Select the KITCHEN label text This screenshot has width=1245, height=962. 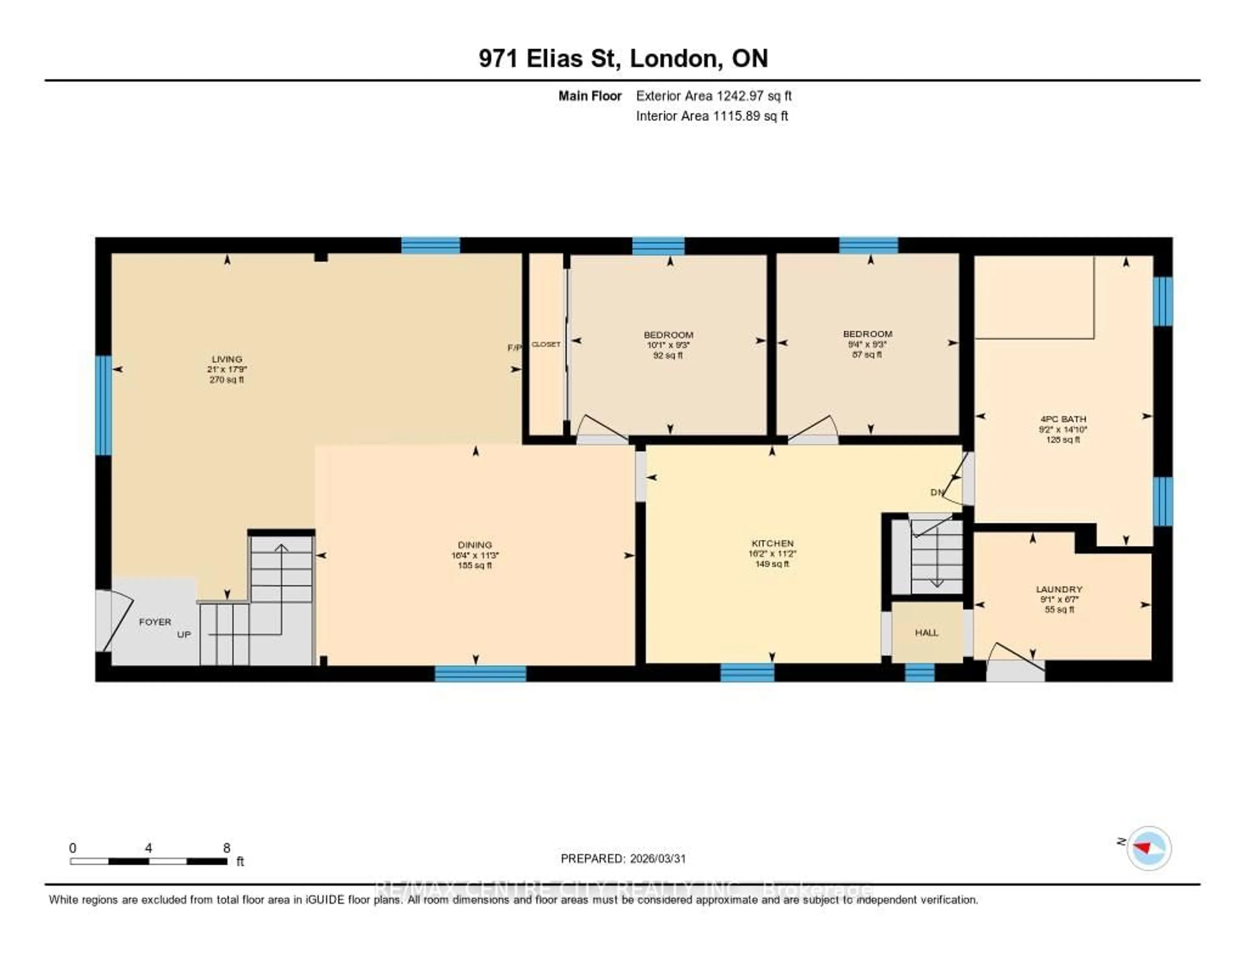click(772, 544)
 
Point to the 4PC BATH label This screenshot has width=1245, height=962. click(1063, 419)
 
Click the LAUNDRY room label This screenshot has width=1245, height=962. click(1059, 589)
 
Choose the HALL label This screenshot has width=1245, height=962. click(926, 632)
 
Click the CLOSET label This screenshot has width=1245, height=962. click(546, 344)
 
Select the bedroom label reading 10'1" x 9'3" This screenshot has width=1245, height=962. click(668, 345)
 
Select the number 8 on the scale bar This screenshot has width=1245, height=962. click(227, 848)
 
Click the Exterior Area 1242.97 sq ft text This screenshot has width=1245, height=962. click(714, 96)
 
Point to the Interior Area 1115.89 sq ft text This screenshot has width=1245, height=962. click(711, 116)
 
